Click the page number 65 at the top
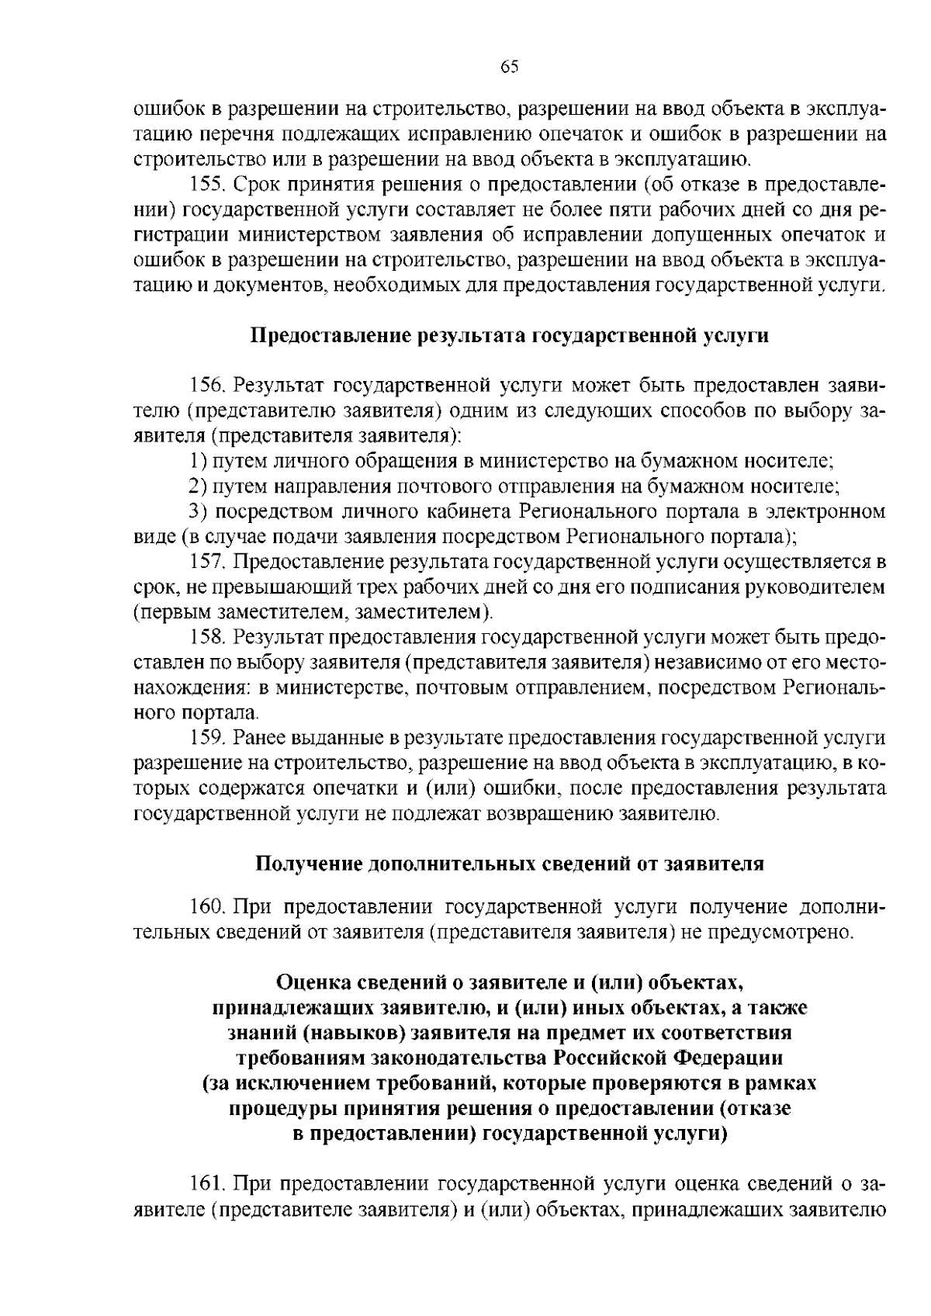[509, 67]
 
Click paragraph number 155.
[206, 185]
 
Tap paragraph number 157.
[206, 562]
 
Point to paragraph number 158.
[206, 638]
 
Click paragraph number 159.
[206, 738]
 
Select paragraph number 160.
[206, 906]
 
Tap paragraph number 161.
[206, 1184]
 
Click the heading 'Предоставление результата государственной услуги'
[509, 336]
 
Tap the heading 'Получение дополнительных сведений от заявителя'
[509, 864]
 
